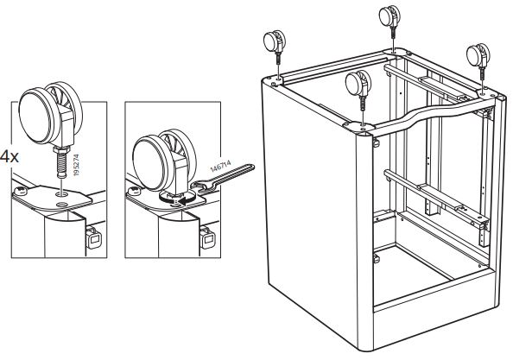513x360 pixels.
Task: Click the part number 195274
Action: coord(76,165)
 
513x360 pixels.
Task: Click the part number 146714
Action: coord(220,166)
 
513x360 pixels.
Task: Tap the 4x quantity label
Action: coord(9,157)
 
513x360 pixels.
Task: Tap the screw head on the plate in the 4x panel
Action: coord(20,190)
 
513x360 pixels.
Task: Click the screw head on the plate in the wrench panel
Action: coord(134,190)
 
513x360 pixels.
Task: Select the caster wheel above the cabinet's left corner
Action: coord(274,41)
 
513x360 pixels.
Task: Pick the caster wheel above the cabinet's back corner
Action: coord(389,16)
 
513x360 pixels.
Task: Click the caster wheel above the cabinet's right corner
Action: coord(478,55)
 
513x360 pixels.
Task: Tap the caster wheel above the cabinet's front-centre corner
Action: coord(358,83)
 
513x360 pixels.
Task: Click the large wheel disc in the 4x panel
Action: coord(35,116)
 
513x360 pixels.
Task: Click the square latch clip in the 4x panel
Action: coord(94,238)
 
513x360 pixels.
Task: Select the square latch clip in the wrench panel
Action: coord(207,238)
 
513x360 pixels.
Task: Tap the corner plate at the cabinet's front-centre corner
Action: coord(359,127)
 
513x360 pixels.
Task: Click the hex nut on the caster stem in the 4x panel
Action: coord(61,149)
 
